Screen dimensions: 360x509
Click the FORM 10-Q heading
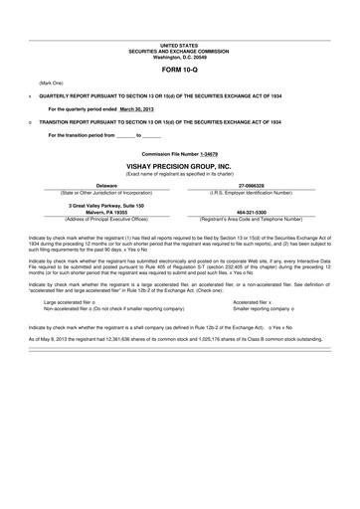[180, 72]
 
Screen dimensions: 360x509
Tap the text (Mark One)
[51, 82]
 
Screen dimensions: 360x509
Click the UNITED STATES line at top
[180, 46]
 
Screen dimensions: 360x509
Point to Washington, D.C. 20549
[180, 57]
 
